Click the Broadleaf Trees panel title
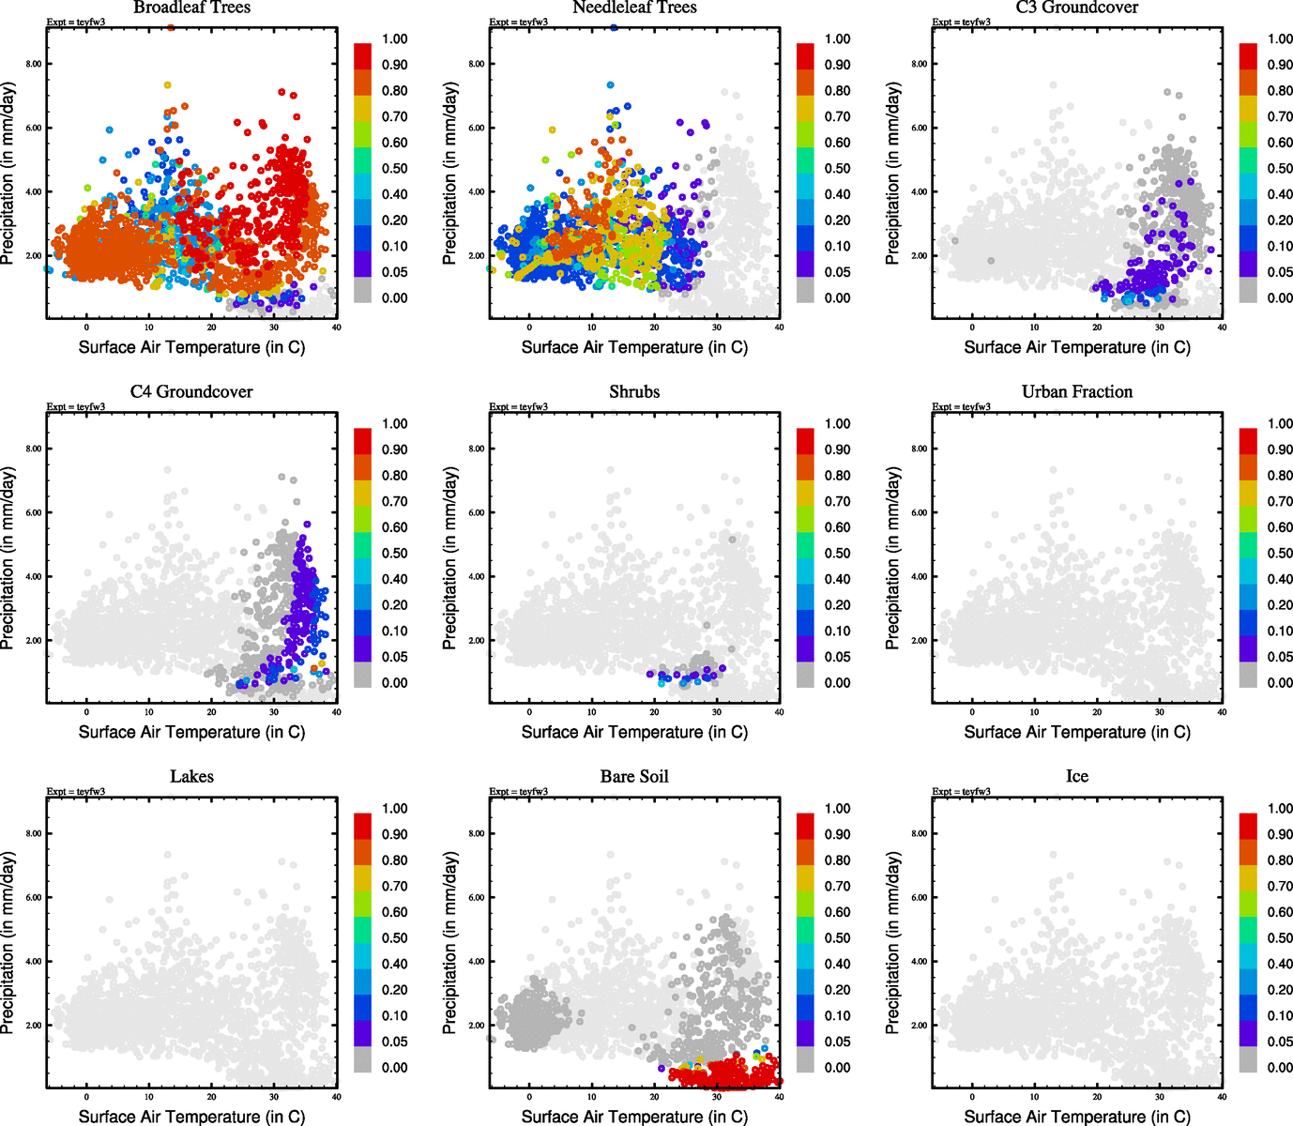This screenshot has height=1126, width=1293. coord(191,8)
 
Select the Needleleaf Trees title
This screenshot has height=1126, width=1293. coord(634,8)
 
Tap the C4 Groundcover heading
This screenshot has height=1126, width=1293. coord(191,391)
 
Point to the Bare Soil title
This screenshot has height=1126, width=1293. coord(634,776)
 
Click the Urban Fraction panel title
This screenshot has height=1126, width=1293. coord(1077,391)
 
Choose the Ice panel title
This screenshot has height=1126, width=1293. coord(1077,776)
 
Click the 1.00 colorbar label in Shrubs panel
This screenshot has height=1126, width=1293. coord(837,424)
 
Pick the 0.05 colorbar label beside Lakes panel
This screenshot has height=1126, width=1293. coord(394,1042)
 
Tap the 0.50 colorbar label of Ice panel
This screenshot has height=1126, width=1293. coord(1280,937)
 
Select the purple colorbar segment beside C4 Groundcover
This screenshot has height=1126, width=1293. coord(363,649)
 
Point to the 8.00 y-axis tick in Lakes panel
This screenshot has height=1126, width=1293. coord(34,833)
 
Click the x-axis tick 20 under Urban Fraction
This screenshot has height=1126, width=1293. coord(1097,712)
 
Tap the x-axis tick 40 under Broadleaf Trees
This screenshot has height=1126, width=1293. coord(336,327)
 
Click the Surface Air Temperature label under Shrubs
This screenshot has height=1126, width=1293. coord(634,732)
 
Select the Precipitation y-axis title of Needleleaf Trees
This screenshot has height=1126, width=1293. coord(449,173)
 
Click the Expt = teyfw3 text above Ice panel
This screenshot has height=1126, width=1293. coord(961,791)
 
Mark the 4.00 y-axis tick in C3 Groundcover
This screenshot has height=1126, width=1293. coord(920,191)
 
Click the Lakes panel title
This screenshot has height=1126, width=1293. coord(191,776)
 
